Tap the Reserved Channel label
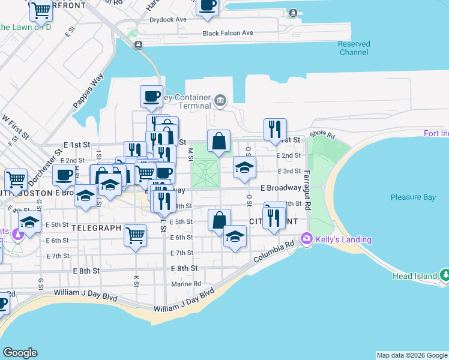(354, 48)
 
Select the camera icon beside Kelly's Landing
(307, 239)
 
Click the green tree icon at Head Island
(445, 275)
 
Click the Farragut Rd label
(307, 190)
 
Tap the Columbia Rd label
(274, 251)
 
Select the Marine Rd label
(186, 284)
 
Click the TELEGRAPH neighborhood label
(96, 229)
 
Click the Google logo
(20, 353)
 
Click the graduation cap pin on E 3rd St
(244, 167)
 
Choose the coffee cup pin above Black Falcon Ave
(207, 6)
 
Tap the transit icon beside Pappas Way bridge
(139, 45)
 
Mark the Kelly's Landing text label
(344, 240)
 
